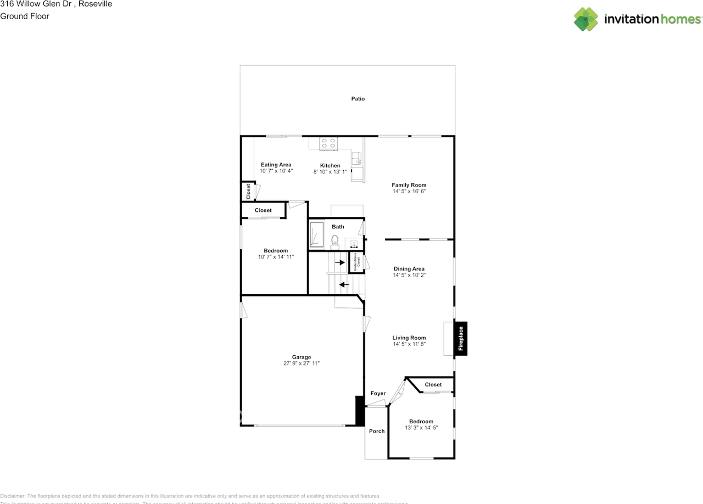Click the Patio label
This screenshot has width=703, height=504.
[x=358, y=99]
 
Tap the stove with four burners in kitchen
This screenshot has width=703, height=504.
[x=328, y=143]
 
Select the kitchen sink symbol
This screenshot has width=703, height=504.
[x=356, y=159]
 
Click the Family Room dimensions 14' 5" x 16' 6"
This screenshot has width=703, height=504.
[x=409, y=192]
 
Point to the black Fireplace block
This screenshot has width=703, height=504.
[x=461, y=338]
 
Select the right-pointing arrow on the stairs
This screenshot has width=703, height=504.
[x=340, y=262]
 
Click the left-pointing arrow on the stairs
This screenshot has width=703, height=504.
[x=344, y=284]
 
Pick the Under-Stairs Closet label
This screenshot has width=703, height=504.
[x=358, y=262]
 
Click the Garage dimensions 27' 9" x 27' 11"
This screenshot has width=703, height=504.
[x=301, y=363]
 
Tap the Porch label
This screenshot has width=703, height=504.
[x=377, y=431]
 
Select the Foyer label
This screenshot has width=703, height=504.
[x=378, y=393]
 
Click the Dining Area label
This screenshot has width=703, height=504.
[x=409, y=269]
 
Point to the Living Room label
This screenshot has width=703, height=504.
[x=409, y=338]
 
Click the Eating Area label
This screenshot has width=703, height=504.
[x=276, y=165]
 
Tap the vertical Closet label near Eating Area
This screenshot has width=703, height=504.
[x=248, y=191]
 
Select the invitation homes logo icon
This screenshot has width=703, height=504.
[x=586, y=19]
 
